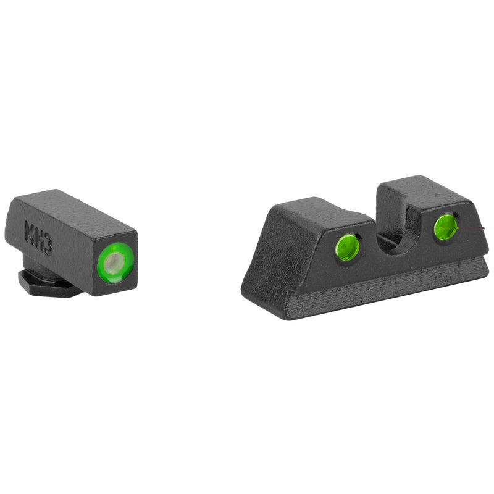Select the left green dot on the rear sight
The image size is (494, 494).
(x=348, y=247)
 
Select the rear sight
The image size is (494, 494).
(x=371, y=247)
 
